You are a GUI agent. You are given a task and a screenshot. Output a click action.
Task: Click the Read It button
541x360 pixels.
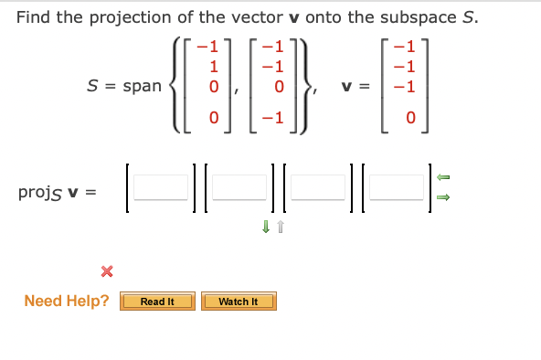(157, 302)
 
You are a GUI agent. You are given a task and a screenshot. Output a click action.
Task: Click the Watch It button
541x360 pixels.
(239, 302)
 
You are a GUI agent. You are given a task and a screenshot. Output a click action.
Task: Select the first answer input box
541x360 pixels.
(161, 189)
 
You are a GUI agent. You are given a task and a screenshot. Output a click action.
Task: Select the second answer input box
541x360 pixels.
(239, 189)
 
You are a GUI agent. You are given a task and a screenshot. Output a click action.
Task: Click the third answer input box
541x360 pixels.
(319, 189)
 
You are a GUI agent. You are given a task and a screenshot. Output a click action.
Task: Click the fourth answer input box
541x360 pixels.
(397, 189)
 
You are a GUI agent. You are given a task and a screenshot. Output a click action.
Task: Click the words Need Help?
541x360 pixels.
(67, 302)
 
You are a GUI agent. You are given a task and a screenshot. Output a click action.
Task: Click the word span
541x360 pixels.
(142, 86)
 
